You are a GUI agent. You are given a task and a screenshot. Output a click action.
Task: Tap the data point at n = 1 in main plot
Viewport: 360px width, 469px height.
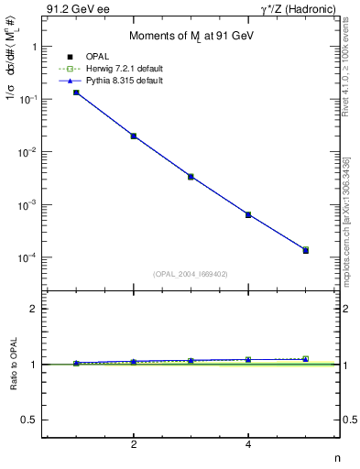coord(76,93)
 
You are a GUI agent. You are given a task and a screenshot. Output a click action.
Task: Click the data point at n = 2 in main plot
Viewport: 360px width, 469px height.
coord(134,136)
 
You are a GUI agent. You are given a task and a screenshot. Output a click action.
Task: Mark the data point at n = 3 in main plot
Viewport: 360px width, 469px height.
coord(191,176)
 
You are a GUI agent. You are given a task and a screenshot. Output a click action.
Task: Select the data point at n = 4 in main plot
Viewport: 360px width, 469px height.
coord(248,214)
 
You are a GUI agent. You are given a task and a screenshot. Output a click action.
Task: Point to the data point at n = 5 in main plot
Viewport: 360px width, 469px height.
coord(306,250)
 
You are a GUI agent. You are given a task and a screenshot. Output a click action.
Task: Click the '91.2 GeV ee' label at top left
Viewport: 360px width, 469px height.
coord(76,10)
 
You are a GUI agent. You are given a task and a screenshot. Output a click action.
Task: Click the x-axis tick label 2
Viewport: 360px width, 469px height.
coord(134,444)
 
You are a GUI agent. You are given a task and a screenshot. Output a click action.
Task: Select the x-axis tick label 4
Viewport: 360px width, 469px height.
coord(248,444)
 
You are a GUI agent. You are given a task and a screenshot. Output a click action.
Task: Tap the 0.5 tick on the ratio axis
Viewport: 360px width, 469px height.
coord(30,420)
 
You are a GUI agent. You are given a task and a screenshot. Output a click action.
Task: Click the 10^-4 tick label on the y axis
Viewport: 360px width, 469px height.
coord(28,257)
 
